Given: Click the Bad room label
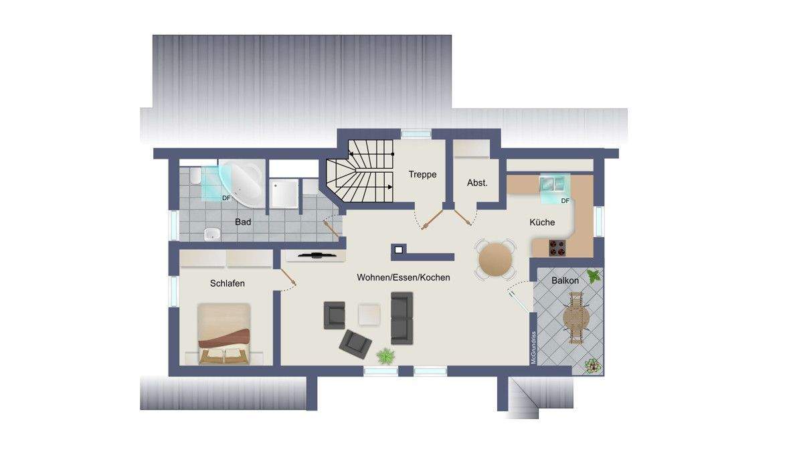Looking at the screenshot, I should pos(243,222).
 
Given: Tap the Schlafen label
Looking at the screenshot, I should pos(228,283).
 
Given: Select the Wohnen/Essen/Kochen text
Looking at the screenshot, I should pos(404,277).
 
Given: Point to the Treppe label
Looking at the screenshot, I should pos(422,175).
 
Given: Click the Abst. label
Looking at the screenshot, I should pos(476,182).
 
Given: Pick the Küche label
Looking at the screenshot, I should pos(542,223).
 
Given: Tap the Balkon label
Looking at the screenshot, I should pos(565,281).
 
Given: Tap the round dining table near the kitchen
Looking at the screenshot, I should pos(496,258).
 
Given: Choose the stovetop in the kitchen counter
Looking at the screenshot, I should pos(557,248).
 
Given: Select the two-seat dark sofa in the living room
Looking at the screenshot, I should pos(402,317).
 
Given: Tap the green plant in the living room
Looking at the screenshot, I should pos(385,356).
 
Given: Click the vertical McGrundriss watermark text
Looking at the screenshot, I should pos(533,348).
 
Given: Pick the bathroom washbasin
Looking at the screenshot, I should pos(211,234).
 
